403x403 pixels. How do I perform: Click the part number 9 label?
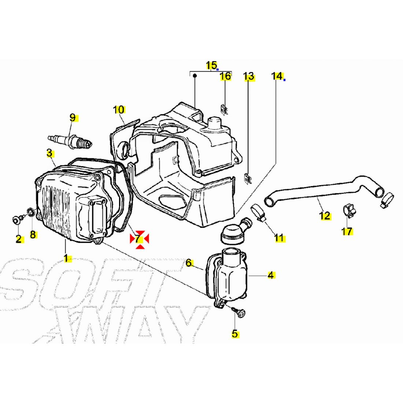(73, 118)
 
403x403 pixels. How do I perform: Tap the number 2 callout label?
(18, 239)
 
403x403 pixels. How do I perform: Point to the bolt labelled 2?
(16, 220)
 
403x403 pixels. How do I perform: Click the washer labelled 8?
(32, 212)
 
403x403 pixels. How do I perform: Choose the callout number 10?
(119, 110)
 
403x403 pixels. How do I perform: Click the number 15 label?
(211, 66)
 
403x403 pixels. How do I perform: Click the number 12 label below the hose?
(325, 216)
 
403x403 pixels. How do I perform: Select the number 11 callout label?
(279, 238)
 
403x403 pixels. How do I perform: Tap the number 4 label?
(271, 275)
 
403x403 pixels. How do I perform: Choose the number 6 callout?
(189, 263)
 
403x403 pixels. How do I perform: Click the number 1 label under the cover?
(66, 258)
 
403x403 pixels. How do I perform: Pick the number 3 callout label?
(49, 153)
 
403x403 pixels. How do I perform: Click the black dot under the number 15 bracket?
(195, 76)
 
